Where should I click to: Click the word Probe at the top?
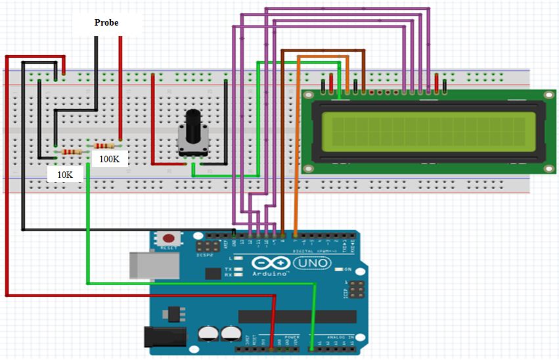[106, 22]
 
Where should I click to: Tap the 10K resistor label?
[65, 175]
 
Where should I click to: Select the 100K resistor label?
[109, 159]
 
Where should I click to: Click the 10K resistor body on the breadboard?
[72, 152]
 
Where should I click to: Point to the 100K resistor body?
[104, 145]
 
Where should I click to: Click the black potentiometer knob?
[192, 125]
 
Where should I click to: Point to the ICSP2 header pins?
[208, 247]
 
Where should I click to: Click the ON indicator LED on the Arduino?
[338, 269]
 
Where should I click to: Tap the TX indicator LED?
[240, 269]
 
